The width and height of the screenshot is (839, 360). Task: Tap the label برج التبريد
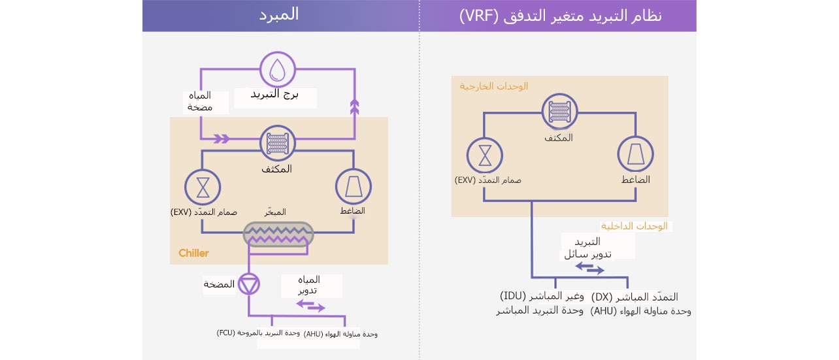click(274, 94)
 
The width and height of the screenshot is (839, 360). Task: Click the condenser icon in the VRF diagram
click(559, 112)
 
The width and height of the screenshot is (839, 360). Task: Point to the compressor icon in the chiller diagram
click(354, 187)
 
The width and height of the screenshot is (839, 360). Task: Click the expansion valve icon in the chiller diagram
click(203, 187)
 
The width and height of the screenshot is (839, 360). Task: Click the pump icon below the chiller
click(249, 284)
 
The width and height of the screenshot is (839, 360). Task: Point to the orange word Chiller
click(193, 253)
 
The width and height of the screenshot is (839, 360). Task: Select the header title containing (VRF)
click(560, 16)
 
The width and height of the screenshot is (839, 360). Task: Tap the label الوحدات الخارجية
click(493, 86)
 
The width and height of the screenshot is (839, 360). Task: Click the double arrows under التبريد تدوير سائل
click(590, 268)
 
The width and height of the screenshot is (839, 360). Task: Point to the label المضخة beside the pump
click(219, 284)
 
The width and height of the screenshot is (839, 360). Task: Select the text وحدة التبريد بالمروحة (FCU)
click(258, 333)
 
